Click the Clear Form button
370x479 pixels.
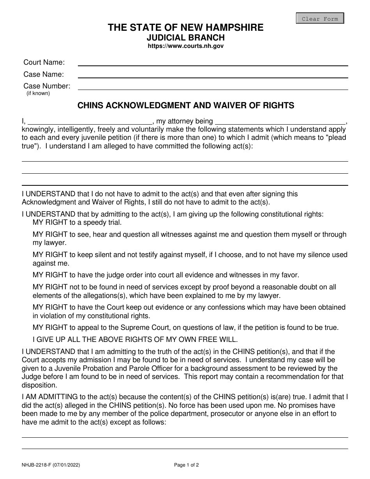point(320,19)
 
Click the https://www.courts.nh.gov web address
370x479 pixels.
point(185,46)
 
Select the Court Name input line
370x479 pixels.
point(213,62)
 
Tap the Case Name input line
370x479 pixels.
point(213,74)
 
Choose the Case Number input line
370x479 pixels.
point(213,86)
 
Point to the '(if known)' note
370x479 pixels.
point(38,93)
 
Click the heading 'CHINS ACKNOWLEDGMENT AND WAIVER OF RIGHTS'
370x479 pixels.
point(186,105)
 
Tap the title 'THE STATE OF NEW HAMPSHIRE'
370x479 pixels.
point(185,28)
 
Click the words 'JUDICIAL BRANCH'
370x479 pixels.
point(185,38)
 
